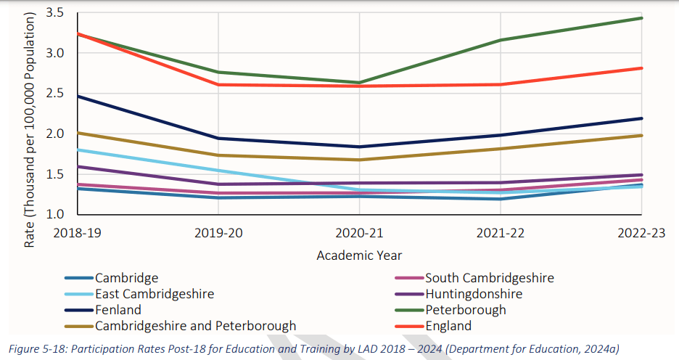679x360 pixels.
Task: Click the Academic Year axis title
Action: point(359,255)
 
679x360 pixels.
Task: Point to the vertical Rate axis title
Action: point(29,129)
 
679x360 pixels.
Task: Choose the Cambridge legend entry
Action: point(126,277)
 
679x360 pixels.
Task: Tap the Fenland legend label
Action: point(120,310)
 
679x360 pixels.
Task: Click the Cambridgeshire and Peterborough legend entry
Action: point(194,326)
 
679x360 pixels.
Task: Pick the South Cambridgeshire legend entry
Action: point(489,277)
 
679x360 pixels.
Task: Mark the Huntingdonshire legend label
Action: point(473,294)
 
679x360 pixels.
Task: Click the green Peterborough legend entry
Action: point(465,310)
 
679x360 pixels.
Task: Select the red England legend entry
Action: point(448,326)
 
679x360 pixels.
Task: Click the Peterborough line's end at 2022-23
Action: point(641,18)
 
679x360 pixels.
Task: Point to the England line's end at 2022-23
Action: point(641,68)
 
